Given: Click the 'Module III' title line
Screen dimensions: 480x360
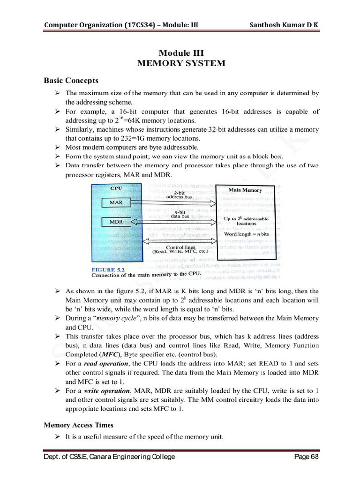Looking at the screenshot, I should [181, 53].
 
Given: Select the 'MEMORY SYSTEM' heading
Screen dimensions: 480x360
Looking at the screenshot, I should [181, 63].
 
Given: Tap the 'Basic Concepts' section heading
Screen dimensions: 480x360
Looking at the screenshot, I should [71, 81].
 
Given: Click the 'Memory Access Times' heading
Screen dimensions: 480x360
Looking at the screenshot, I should [78, 425].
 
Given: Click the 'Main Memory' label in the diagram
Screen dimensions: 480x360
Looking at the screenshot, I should [245, 190].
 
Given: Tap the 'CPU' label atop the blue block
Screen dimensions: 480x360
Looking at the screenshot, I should [116, 188].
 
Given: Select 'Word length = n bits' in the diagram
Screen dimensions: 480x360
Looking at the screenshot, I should [246, 234].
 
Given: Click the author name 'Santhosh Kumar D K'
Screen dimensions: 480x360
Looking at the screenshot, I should [285, 25].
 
